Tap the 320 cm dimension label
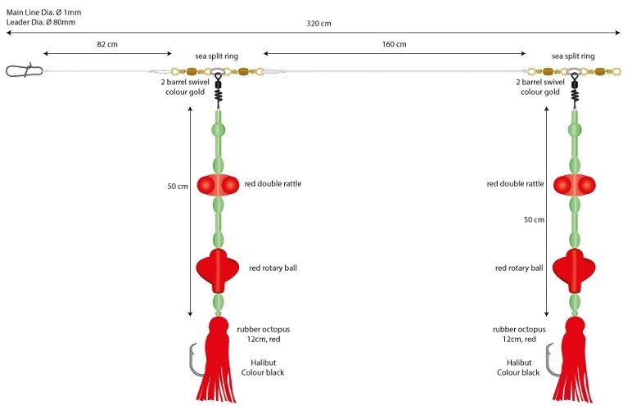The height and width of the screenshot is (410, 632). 319,23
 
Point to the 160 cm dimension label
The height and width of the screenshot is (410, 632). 394,43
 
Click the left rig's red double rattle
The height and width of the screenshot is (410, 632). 218,184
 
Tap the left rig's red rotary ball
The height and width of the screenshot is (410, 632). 217,268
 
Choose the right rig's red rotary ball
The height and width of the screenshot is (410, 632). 573,268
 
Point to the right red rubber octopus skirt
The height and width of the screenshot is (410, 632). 574,360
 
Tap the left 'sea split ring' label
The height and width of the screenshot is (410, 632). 216,56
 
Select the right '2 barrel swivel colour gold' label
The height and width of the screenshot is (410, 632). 540,87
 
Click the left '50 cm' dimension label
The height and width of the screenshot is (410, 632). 178,187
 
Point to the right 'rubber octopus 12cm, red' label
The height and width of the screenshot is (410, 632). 515,334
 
